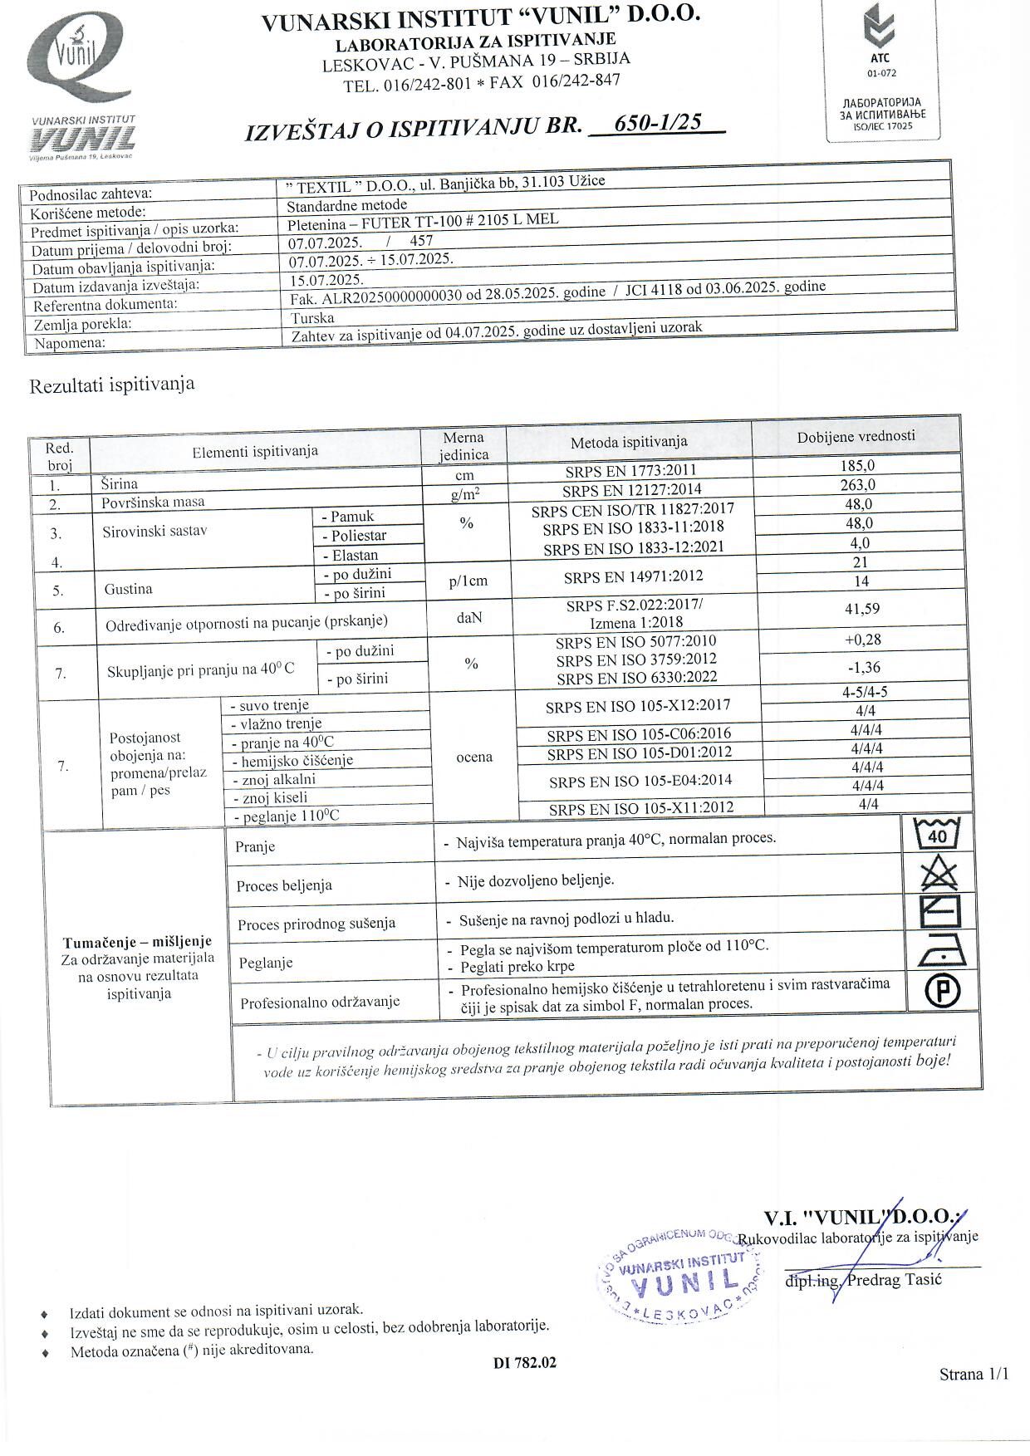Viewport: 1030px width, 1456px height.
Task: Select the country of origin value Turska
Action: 312,318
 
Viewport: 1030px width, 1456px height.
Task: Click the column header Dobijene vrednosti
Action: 856,436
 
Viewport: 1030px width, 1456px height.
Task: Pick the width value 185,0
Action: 857,467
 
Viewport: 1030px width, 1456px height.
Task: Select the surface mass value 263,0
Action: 857,485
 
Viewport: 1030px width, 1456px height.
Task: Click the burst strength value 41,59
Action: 861,610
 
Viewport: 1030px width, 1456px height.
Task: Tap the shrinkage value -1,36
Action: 861,667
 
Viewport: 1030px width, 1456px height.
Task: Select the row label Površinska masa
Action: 153,502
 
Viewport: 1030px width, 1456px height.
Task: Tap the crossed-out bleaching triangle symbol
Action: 938,875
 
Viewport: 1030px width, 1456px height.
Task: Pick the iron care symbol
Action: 940,952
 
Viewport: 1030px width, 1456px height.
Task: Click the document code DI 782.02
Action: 524,1362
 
